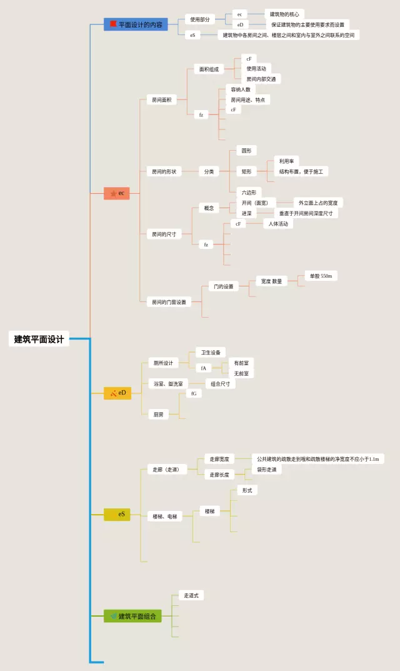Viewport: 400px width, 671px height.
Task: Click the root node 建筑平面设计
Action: point(39,339)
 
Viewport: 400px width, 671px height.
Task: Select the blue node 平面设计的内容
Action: point(136,24)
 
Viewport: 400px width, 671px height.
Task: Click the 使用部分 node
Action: point(200,19)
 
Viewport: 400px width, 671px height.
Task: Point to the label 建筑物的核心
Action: point(284,14)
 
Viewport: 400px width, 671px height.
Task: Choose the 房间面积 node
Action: point(161,99)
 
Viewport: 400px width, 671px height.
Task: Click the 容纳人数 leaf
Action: point(240,89)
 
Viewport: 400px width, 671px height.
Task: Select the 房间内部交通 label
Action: point(261,79)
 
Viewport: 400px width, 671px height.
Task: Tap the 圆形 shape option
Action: point(246,151)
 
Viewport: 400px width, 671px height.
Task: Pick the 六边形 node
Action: point(249,193)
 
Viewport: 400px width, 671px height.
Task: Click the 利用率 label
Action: point(287,161)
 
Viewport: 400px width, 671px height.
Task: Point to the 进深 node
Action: point(246,213)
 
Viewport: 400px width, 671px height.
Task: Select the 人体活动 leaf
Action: point(278,223)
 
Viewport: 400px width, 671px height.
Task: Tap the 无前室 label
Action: point(241,373)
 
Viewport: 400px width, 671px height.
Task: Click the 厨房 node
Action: point(158,414)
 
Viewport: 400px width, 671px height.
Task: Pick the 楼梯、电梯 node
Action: point(165,517)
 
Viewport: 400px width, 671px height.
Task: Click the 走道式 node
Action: point(191,595)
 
